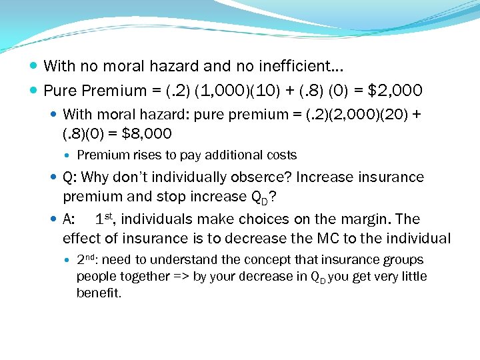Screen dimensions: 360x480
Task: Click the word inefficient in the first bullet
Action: tap(299, 66)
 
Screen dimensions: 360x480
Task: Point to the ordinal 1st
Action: tap(107, 219)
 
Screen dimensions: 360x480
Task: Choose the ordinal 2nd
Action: tap(88, 260)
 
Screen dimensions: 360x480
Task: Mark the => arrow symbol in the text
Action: tap(180, 277)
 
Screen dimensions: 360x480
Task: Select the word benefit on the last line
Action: tap(98, 293)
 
